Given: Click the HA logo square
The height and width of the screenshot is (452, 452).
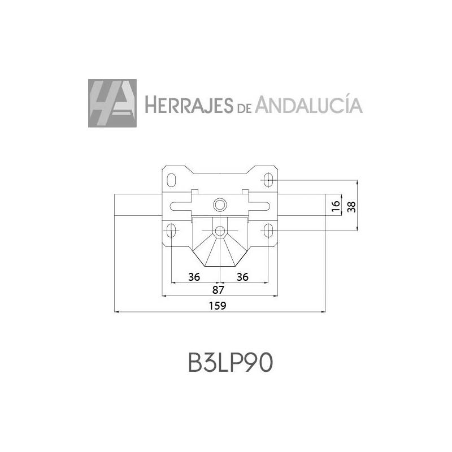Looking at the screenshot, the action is pos(112,103).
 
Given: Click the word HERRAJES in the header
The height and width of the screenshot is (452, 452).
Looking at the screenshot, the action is pos(189,105).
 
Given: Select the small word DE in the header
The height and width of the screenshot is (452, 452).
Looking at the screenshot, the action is pos(244,108).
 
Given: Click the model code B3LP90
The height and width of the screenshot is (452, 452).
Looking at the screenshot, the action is pos(231,363).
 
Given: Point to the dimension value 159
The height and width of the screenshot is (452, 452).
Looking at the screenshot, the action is pos(218,306).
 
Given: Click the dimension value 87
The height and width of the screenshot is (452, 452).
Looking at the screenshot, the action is pos(218,290).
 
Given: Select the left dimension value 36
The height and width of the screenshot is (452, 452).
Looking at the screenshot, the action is pos(194,277).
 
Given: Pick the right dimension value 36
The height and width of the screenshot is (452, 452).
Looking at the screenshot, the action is pos(242,277).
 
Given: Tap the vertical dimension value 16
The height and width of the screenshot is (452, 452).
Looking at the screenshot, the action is pos(336,206).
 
